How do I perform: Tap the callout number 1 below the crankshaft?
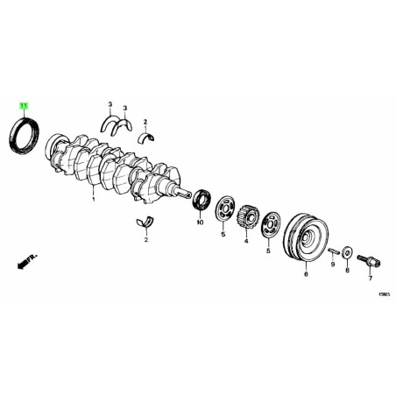(x=93, y=200)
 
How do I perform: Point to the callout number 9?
(x=333, y=262)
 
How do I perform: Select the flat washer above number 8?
(x=348, y=254)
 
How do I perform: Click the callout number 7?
(x=370, y=279)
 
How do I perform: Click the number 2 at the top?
(x=145, y=122)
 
